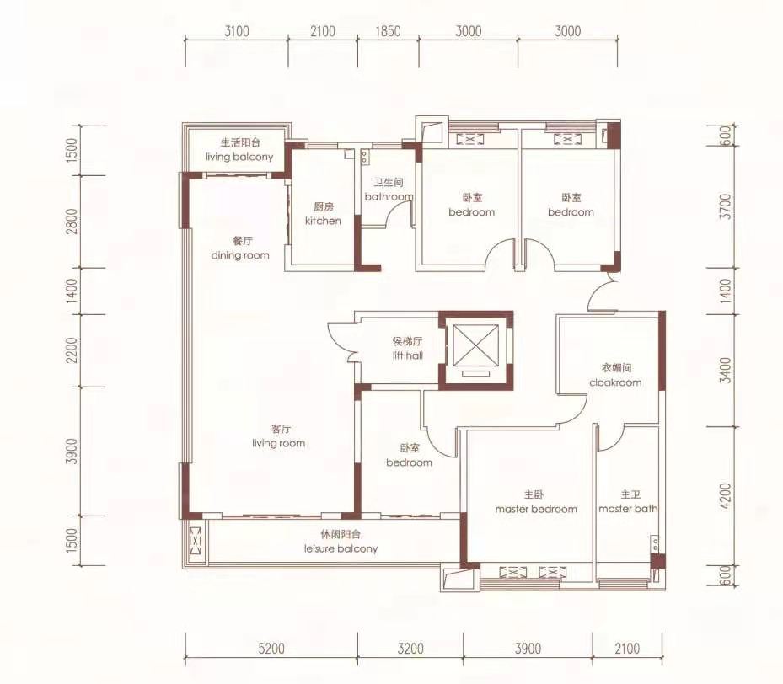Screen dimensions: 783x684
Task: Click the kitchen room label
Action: (323, 214)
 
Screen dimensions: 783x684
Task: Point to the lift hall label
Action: (407, 348)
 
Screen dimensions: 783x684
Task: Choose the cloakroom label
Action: (615, 375)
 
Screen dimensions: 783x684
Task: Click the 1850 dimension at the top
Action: (388, 31)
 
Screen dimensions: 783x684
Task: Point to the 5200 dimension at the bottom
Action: (271, 649)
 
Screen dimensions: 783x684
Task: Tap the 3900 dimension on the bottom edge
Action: (528, 649)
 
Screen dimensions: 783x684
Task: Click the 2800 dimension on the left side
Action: (72, 221)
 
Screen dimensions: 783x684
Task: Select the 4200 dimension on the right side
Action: (727, 495)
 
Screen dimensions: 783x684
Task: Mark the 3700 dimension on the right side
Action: (727, 206)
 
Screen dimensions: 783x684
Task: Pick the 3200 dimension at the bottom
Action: (410, 649)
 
